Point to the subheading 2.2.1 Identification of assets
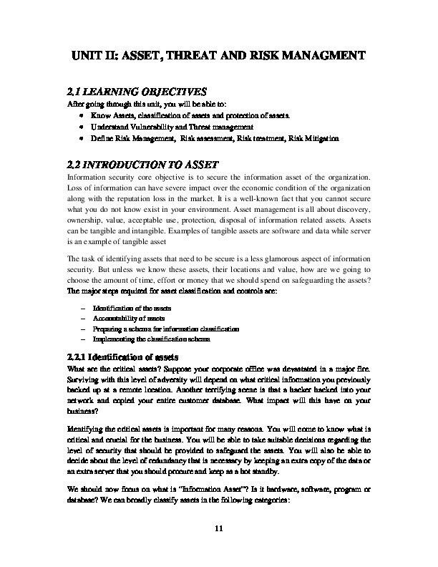coord(126,357)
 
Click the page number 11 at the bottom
coord(219,528)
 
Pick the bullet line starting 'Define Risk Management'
coord(215,137)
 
